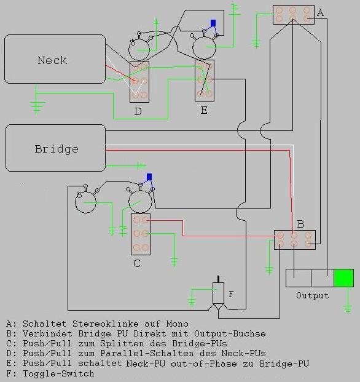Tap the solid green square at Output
[343, 278]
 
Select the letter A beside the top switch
[321, 12]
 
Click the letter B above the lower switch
[301, 224]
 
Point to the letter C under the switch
[137, 263]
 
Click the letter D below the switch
[138, 111]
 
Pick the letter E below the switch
[204, 110]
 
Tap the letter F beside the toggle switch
[231, 294]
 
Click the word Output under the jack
[312, 295]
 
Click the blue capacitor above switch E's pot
[213, 23]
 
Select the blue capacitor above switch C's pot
[149, 177]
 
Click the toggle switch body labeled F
[219, 293]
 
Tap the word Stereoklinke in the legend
[106, 324]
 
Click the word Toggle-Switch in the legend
[58, 373]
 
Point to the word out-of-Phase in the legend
[204, 364]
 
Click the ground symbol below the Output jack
[348, 308]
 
